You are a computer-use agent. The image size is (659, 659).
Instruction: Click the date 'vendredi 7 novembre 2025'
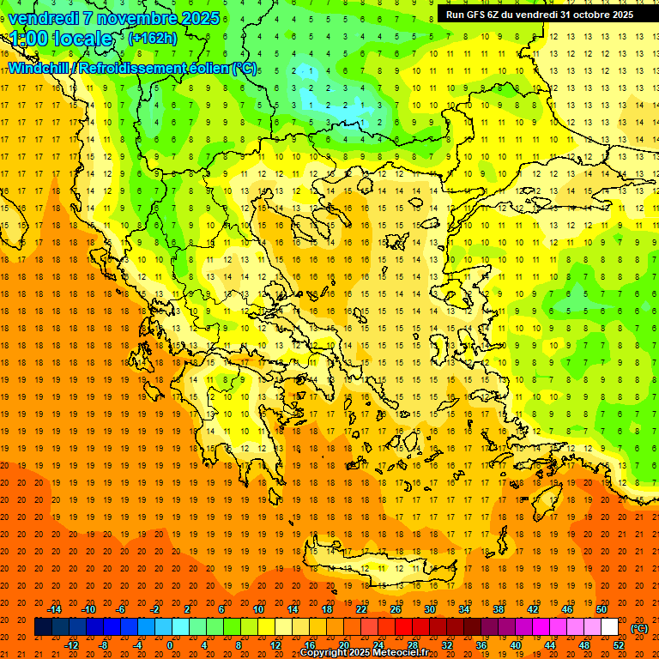114,18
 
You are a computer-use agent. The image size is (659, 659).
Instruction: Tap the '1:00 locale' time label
61,39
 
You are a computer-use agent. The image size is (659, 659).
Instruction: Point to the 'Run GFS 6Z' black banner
539,15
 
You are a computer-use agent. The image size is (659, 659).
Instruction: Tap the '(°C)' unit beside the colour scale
639,628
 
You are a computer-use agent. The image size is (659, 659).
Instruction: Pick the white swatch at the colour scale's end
610,627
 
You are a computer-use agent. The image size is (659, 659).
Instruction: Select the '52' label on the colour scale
619,645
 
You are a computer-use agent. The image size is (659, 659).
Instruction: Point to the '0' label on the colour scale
169,645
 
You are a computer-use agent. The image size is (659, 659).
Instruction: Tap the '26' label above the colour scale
396,609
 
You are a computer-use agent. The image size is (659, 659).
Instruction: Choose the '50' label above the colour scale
601,609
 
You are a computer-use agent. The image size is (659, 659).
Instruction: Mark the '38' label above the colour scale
499,609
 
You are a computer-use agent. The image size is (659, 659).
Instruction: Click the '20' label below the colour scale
343,645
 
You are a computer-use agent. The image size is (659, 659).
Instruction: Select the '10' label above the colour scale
258,609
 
